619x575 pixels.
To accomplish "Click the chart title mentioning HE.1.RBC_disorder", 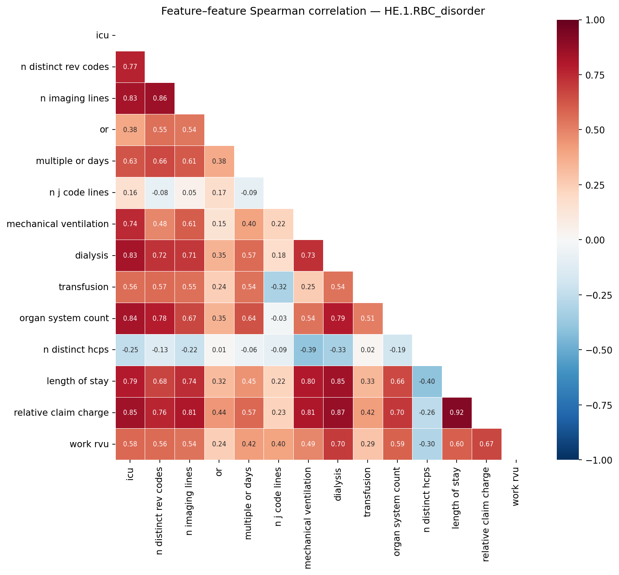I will click(x=323, y=11).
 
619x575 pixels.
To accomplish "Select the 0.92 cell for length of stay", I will click(x=457, y=413).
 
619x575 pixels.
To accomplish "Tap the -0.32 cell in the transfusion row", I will click(x=278, y=287).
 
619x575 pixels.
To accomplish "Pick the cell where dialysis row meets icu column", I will click(x=130, y=255).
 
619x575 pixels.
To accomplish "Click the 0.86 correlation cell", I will click(x=160, y=98).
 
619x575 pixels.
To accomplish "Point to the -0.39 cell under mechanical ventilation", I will click(x=308, y=350).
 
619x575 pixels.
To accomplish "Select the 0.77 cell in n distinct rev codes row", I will click(x=130, y=66).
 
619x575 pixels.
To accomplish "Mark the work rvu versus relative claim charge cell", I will click(x=486, y=444).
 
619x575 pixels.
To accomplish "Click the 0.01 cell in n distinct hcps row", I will click(x=219, y=350).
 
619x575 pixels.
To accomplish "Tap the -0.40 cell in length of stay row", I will click(x=427, y=381).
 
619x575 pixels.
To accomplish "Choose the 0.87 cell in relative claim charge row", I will click(x=338, y=413).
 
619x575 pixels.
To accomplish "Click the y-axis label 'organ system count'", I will click(x=64, y=318).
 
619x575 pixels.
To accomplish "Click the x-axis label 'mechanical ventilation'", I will click(x=308, y=518).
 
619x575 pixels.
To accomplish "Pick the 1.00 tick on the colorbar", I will click(x=596, y=20).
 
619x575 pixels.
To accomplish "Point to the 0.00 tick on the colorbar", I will click(x=596, y=240).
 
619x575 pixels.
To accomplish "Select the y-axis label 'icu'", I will click(x=102, y=35).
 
